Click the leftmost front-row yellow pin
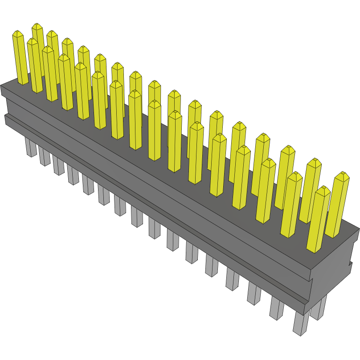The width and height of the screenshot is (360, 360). click(x=20, y=58)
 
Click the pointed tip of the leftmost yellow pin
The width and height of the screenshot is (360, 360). click(x=17, y=32)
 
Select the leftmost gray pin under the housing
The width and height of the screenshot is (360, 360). click(x=31, y=147)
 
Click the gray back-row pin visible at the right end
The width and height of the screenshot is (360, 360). click(x=319, y=307)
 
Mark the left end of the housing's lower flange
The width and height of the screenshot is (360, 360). click(x=6, y=119)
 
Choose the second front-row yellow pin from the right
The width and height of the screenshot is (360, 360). click(x=291, y=205)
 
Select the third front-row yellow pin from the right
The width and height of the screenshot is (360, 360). click(x=266, y=192)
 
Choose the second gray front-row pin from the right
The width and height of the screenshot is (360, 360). click(x=277, y=307)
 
